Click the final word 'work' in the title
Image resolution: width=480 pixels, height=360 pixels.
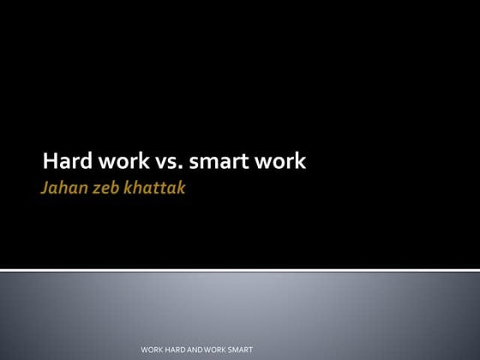point(278,161)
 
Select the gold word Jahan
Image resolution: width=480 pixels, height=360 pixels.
point(63,187)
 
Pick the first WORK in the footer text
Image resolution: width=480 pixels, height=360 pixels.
point(152,351)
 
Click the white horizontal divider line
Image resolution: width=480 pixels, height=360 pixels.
point(240,270)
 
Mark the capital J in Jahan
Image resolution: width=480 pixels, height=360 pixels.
point(45,187)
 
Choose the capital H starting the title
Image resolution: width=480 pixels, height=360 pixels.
point(50,161)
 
